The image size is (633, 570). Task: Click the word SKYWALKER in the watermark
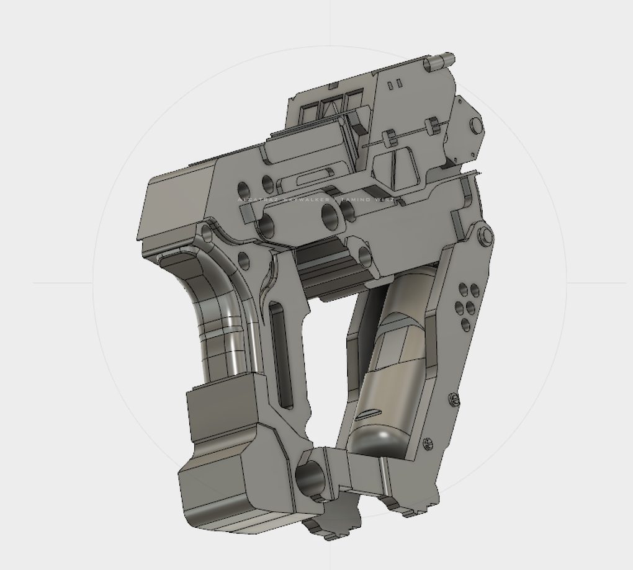click(305, 200)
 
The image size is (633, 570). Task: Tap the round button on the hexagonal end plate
click(475, 126)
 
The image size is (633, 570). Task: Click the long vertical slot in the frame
click(282, 356)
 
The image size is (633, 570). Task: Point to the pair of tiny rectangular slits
click(395, 84)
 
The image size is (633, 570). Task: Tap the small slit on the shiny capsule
click(367, 414)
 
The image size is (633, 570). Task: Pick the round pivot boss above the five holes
click(485, 235)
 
